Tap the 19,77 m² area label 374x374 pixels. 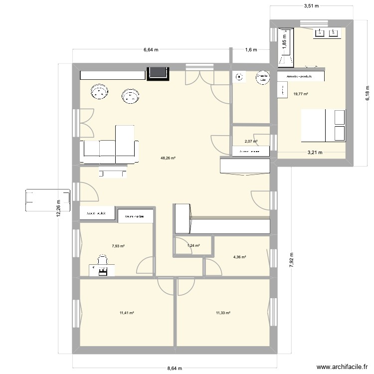[x=301, y=94]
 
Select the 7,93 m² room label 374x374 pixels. [x=118, y=246]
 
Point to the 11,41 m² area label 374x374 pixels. [x=127, y=313]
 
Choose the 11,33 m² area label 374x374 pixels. [x=223, y=313]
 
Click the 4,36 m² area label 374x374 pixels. [x=240, y=257]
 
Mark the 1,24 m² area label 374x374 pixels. [x=193, y=245]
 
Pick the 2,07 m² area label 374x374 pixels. [x=251, y=142]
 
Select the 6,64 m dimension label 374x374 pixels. [x=151, y=50]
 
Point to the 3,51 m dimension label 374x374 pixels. [x=311, y=6]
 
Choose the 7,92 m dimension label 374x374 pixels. [x=292, y=260]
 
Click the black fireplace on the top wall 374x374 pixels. [x=158, y=73]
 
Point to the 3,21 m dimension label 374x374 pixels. [x=314, y=153]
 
